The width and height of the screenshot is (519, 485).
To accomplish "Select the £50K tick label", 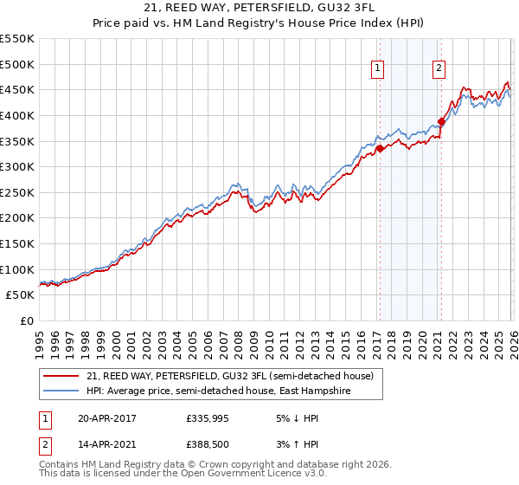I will (20, 295).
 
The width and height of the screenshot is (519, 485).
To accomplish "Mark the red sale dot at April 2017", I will (379, 148).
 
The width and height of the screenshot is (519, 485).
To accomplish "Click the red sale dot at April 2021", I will (440, 121).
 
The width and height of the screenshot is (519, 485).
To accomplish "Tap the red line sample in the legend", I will (63, 376).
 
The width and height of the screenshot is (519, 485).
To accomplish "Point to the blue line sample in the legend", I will (63, 391).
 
